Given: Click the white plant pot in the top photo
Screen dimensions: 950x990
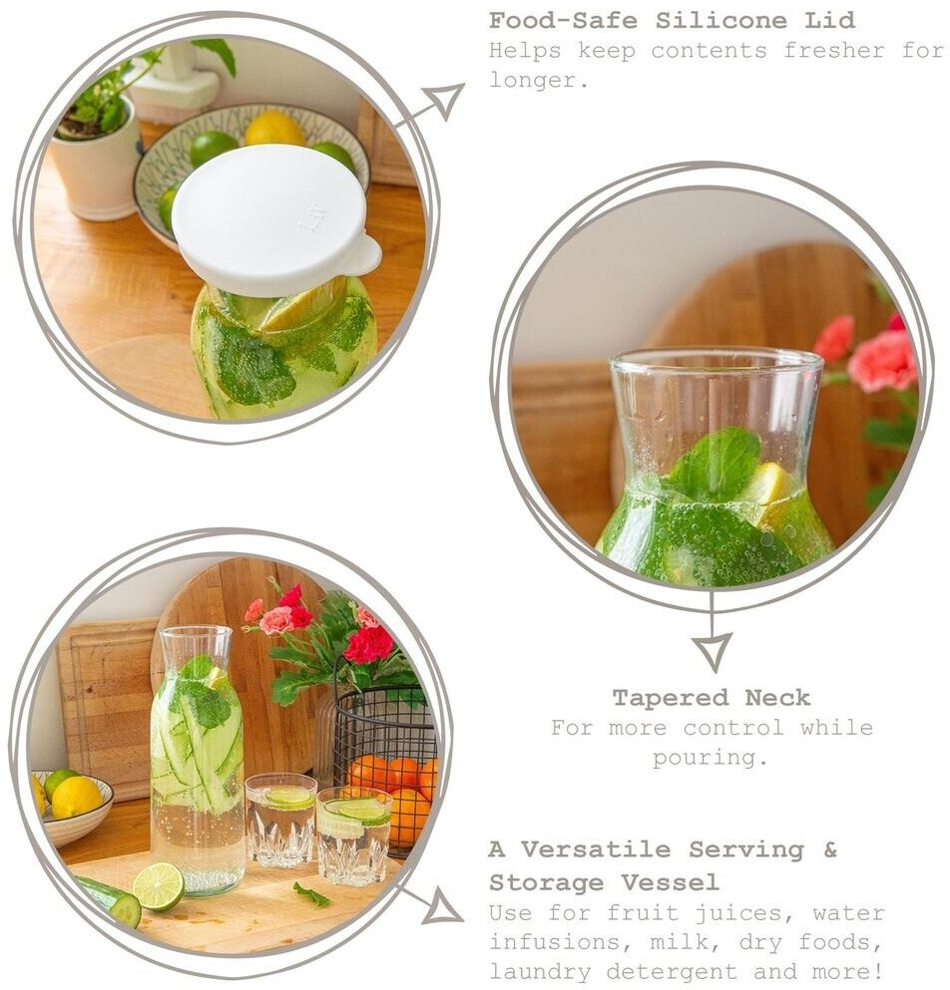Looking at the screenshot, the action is pos(96,165).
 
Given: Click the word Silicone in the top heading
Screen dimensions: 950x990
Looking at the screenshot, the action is pos(721,20).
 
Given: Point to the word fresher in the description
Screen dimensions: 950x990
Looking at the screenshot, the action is pos(833,50).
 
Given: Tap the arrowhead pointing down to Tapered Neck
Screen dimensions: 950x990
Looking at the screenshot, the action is pos(712,652).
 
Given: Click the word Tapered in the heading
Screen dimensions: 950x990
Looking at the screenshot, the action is pos(671,698).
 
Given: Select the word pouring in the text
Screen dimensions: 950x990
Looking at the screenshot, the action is pos(710,757).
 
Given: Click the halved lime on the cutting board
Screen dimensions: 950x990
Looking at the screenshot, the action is pos(158,886).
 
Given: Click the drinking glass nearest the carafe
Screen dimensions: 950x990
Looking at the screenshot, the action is pos(280,821).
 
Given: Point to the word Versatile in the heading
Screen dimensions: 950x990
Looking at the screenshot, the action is pos(595,849).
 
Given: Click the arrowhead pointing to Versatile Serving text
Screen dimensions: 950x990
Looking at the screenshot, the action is pos(442,905).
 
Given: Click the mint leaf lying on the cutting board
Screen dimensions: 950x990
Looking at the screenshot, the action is pos(311,895).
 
